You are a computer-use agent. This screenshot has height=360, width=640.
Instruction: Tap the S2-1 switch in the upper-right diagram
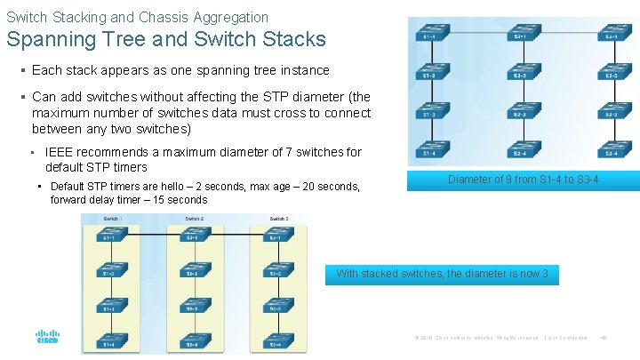point(520,34)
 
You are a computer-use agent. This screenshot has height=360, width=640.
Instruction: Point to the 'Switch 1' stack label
point(111,219)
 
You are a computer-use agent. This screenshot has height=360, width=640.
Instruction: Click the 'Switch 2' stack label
point(195,219)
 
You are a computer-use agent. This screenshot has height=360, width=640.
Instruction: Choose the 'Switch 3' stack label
point(277,219)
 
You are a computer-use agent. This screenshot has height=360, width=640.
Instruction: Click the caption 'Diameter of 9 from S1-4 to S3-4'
point(523,180)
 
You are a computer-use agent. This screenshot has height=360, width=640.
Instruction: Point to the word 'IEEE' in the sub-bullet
point(60,152)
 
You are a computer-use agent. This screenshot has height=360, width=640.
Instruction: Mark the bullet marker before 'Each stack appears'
point(21,70)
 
